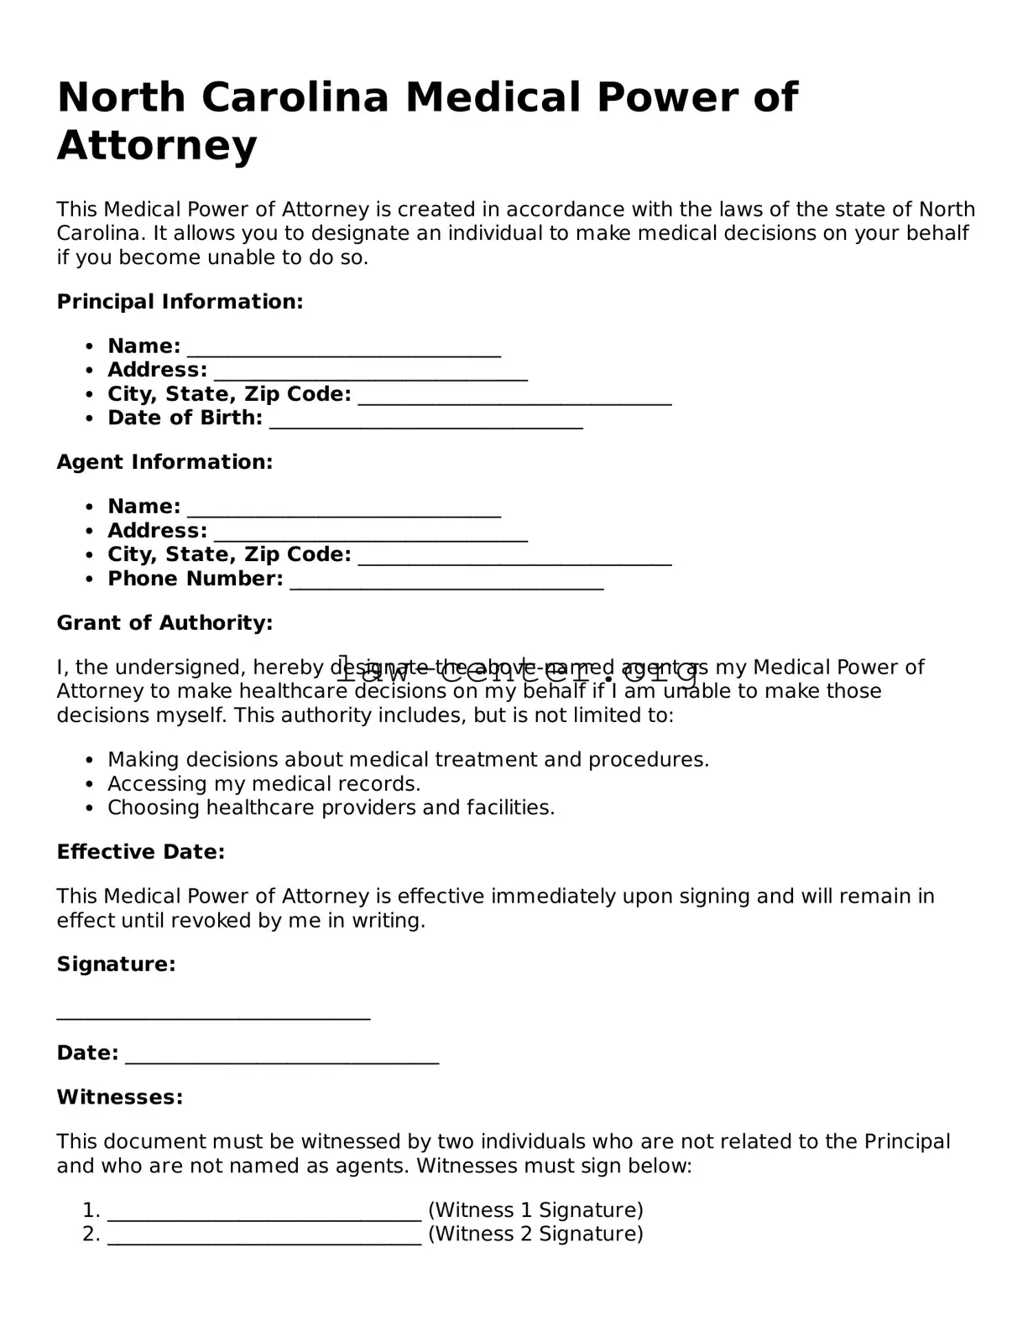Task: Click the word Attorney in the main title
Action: point(157,146)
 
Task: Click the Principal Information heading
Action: point(180,302)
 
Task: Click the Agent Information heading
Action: point(164,462)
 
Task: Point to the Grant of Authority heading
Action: point(164,623)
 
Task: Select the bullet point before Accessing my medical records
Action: point(90,785)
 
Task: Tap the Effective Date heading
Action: point(140,852)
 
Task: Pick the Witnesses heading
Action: point(119,1097)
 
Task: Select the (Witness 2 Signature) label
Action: point(535,1234)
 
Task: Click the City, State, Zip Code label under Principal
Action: point(229,394)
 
